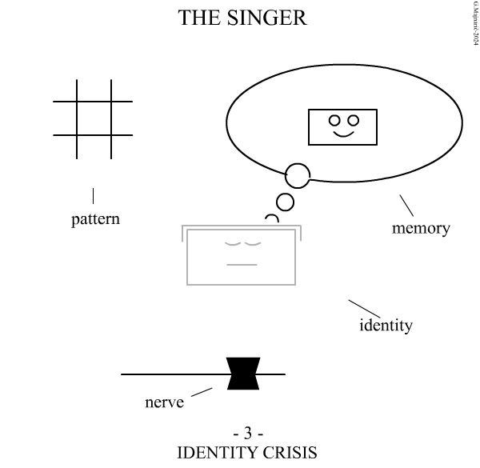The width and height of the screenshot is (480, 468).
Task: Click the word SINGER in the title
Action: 269,18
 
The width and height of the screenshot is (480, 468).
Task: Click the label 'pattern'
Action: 95,218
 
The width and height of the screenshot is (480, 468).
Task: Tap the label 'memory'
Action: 421,228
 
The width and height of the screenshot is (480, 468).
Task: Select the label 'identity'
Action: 386,325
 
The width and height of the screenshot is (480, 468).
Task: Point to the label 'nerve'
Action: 164,401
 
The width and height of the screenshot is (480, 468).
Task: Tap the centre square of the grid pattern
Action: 94,118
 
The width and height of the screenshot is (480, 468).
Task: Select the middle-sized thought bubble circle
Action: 285,200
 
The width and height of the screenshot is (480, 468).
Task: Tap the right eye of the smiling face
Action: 353,121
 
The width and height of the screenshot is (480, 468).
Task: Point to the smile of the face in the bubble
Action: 344,134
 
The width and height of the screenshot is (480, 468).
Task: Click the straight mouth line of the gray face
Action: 242,264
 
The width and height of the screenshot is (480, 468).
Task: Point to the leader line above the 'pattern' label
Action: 94,194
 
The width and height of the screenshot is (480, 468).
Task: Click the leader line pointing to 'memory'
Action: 406,206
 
